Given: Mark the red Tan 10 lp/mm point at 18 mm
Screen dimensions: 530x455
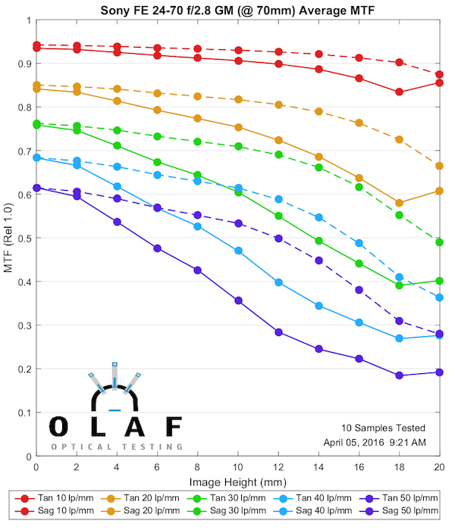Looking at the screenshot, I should pos(400,92).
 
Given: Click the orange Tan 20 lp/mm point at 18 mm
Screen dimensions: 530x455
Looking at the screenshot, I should pos(400,203).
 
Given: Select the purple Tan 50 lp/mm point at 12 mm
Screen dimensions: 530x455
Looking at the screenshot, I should pos(279,332).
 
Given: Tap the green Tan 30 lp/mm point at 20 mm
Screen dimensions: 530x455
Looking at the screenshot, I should pos(440,280).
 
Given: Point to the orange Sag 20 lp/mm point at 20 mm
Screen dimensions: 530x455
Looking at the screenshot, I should pos(440,166).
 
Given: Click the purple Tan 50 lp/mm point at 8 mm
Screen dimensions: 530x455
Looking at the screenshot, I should pos(198,270).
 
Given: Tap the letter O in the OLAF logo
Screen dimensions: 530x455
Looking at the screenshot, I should pos(58,427).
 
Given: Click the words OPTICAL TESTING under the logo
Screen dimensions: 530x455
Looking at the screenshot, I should pos(118,447).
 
